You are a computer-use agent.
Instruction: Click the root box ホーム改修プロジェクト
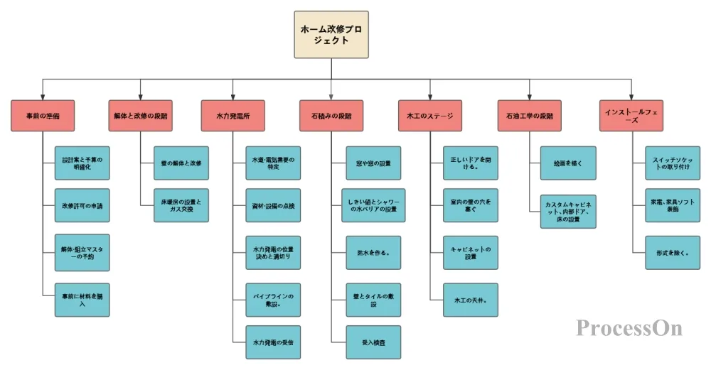point(332,34)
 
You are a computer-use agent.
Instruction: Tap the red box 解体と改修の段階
point(140,115)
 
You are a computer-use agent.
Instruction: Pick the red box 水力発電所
point(232,115)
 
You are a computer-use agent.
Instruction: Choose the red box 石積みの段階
point(331,115)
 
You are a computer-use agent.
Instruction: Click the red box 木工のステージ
point(430,115)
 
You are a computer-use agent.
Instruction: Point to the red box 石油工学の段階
point(530,115)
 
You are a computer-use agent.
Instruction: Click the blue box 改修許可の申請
point(82,207)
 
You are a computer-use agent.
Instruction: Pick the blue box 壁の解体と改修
point(181,163)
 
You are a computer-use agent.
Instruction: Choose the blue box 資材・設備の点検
point(273,206)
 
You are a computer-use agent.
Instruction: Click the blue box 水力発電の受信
point(273,342)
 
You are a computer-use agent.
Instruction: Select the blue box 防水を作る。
point(373,253)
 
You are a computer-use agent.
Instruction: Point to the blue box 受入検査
point(373,342)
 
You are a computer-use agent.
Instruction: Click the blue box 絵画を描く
point(568,163)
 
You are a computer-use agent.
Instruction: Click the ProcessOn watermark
point(629,327)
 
